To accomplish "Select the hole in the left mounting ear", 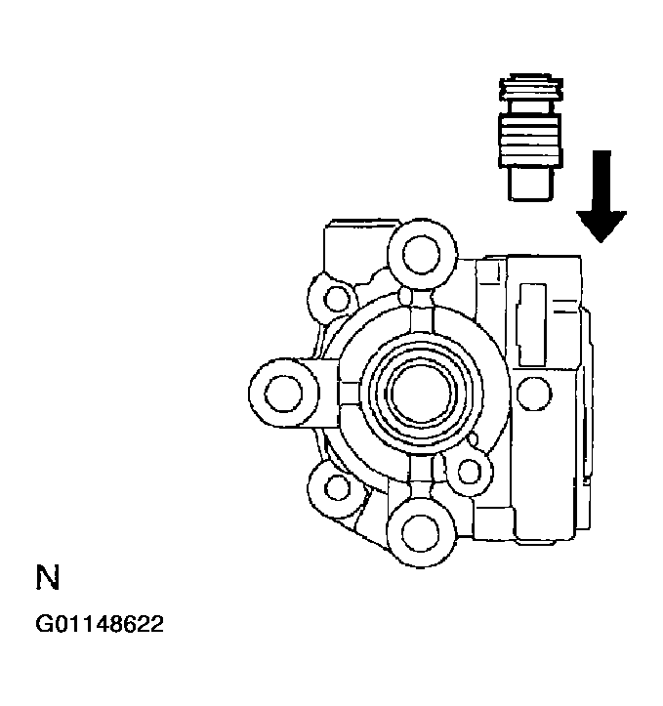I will point(284,394).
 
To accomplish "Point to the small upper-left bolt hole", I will point(338,297).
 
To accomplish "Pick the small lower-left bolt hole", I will point(337,486).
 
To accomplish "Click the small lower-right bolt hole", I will point(471,473).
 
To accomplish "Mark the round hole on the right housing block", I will point(533,394).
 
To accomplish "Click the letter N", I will point(48,579).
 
